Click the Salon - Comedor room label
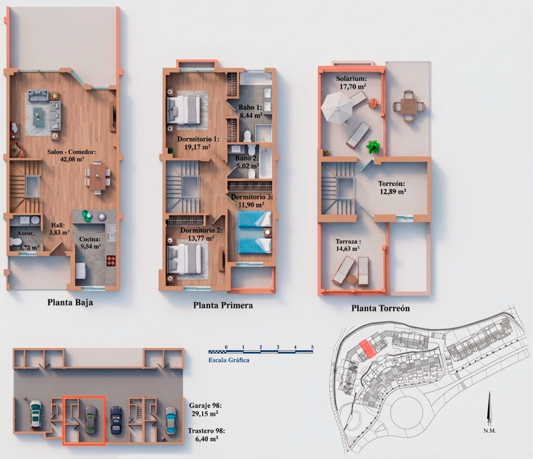72,155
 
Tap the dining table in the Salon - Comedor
97,177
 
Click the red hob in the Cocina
111,260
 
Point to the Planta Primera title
223,305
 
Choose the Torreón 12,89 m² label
392,188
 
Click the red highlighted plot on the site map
367,349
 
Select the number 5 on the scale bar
312,347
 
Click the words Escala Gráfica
229,359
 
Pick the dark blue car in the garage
116,420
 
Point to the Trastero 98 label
206,435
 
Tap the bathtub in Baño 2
265,162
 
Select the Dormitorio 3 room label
251,201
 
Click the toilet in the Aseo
16,242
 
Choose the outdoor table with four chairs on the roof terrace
408,106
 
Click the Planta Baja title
70,303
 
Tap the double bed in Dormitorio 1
183,109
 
